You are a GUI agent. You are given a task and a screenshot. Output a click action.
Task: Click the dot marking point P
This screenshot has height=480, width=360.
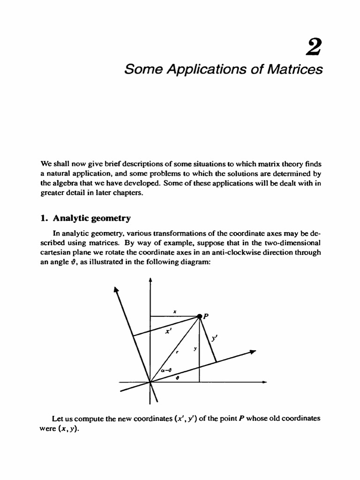[x=199, y=317]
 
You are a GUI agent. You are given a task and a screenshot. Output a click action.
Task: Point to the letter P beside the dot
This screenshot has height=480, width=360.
[x=206, y=316]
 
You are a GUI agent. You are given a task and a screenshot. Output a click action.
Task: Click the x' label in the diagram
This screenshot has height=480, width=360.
[x=167, y=330]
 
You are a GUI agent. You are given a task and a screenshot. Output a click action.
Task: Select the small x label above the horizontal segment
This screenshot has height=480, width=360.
[x=174, y=311]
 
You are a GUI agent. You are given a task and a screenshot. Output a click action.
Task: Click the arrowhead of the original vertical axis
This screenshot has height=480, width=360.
[x=150, y=279]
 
